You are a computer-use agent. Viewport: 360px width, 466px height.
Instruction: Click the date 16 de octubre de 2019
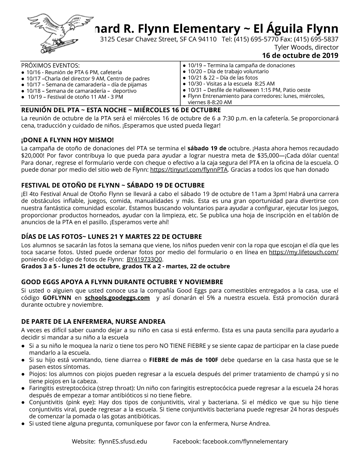point(300,56)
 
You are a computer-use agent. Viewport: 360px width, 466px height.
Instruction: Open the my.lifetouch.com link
point(304,252)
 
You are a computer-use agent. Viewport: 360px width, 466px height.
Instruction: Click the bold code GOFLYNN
point(57,298)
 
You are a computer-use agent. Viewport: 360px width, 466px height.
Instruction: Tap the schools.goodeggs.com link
point(117,298)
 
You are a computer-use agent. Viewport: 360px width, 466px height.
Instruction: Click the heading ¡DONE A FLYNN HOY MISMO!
point(67,140)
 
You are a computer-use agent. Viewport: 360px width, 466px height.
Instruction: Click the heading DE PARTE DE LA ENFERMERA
point(93,322)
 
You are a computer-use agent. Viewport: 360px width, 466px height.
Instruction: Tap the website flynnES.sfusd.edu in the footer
point(123,441)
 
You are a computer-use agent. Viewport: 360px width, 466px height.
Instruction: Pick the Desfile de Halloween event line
point(249,90)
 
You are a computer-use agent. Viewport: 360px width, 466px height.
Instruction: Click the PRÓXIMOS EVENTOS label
point(50,65)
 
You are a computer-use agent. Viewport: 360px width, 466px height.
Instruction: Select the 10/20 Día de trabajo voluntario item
point(228,71)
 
